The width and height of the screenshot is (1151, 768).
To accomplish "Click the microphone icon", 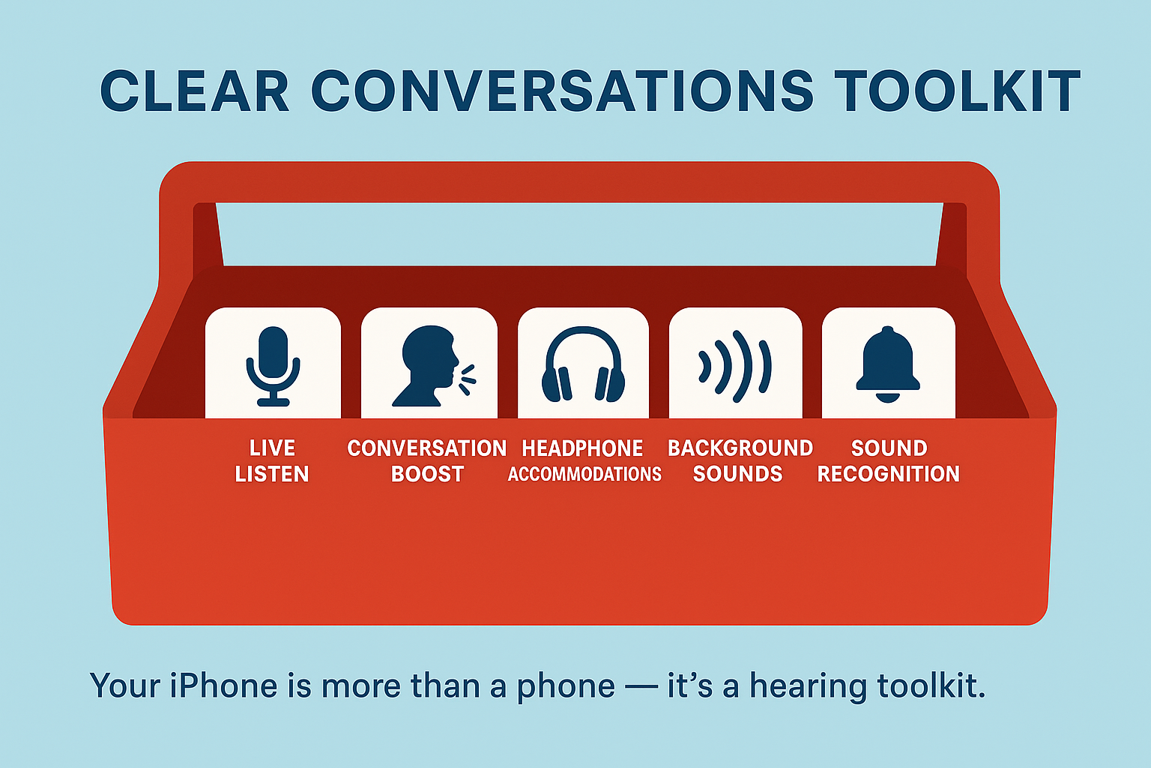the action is pos(273,366).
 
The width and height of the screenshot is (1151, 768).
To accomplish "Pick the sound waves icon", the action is pos(735,366).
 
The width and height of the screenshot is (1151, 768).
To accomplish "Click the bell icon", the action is pos(887,364).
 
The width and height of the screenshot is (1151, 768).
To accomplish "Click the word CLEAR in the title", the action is pos(195,91).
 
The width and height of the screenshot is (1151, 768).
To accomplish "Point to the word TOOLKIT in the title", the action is pos(958,91).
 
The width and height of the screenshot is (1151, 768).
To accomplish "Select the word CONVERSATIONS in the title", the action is pos(563,91).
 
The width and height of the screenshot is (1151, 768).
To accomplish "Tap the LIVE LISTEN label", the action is pos(272,461).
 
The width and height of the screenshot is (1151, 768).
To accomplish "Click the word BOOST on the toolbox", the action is pos(428,474).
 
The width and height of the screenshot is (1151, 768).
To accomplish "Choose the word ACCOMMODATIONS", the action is pos(584,474).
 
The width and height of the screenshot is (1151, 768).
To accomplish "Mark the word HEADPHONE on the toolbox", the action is pos(582,448).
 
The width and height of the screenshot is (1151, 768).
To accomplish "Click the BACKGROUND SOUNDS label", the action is pos(740,461).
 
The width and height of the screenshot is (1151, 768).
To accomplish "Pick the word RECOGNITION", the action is pos(889,474).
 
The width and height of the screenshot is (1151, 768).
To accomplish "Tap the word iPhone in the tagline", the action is pos(224,685).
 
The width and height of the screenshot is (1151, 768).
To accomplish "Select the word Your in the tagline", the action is pos(125,685).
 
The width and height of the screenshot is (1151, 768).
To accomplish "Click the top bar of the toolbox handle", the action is pos(579,182).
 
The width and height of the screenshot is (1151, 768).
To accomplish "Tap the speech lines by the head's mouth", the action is pos(467,380).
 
